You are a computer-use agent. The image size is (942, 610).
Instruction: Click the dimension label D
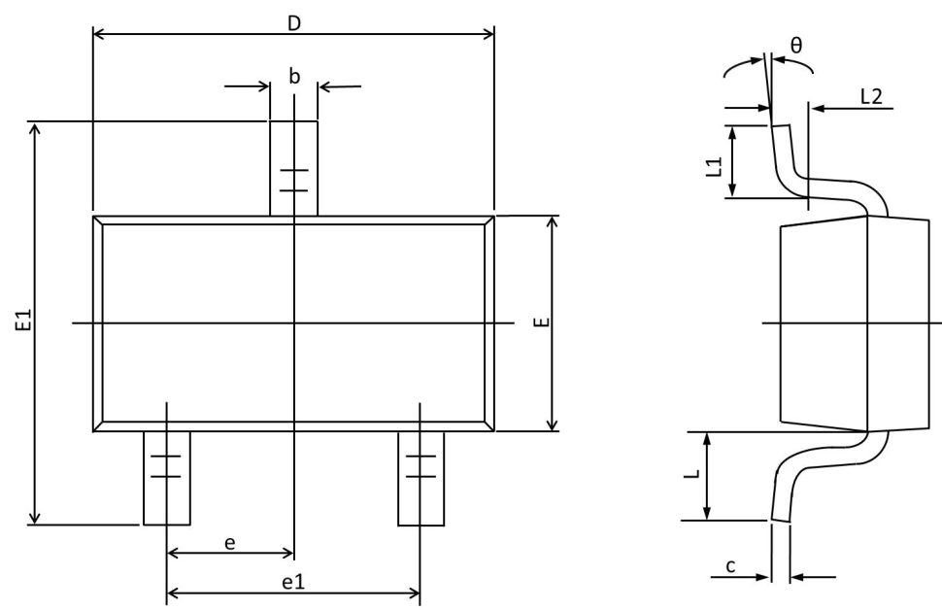click(x=294, y=23)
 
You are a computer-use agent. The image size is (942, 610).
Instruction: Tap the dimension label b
click(x=294, y=77)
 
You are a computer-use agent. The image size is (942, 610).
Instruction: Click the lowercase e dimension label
click(x=229, y=543)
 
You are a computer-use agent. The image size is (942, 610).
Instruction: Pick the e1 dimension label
click(x=293, y=581)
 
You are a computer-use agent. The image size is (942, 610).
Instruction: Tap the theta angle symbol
click(x=796, y=45)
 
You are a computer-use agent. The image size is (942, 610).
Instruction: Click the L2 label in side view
click(x=872, y=96)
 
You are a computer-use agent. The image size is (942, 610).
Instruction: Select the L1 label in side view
click(x=713, y=167)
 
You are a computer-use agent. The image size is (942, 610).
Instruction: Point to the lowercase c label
click(x=730, y=565)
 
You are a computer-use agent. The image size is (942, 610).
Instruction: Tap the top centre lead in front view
click(x=294, y=168)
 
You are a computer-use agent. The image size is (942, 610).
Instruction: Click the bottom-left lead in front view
click(x=167, y=478)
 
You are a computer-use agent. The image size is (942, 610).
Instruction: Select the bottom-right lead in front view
click(x=421, y=478)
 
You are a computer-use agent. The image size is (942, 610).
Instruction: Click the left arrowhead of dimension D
click(x=99, y=34)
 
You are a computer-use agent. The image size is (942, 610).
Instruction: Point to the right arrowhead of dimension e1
click(x=414, y=593)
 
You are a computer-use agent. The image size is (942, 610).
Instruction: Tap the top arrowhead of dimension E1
click(x=35, y=128)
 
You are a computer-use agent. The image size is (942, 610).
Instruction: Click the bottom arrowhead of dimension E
click(x=554, y=424)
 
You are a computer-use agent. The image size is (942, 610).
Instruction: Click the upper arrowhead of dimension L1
click(x=731, y=132)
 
